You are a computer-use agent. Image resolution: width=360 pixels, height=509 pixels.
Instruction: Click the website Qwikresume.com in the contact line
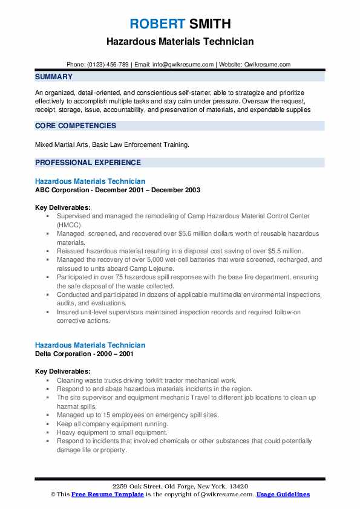[266, 65]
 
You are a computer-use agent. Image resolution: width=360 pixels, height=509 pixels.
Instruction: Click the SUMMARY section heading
[54, 77]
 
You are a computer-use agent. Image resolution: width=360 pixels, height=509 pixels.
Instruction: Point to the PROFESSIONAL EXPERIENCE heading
[88, 162]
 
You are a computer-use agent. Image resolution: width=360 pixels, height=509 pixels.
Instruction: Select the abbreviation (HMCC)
[67, 224]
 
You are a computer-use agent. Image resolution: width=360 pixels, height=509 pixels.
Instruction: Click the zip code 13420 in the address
[238, 487]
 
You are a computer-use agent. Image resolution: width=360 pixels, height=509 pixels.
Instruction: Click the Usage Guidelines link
[283, 494]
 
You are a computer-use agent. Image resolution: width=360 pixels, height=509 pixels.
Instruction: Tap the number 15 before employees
[103, 415]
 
